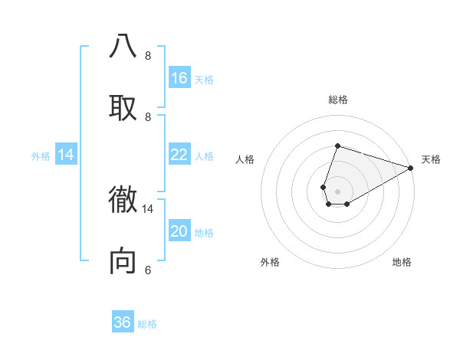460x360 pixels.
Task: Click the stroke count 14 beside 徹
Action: tap(148, 208)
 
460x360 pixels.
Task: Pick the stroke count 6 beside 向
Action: tap(148, 270)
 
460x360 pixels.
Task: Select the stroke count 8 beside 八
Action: tap(148, 55)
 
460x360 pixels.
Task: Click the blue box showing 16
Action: tap(179, 78)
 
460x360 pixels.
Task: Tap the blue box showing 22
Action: tap(179, 155)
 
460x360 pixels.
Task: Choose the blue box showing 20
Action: tap(179, 231)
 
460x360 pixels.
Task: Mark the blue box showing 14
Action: tap(66, 155)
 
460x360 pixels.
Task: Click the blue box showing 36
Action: tap(123, 322)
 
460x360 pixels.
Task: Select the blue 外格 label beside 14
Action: tap(41, 155)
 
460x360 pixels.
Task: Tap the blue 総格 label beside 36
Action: tap(147, 324)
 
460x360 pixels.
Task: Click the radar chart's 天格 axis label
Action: tap(431, 159)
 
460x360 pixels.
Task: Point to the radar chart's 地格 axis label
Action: tap(402, 262)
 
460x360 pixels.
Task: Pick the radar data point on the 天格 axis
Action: tap(411, 169)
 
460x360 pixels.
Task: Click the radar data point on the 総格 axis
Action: tap(337, 146)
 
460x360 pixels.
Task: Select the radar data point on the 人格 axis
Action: tap(324, 187)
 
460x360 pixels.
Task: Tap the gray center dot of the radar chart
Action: tap(337, 191)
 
